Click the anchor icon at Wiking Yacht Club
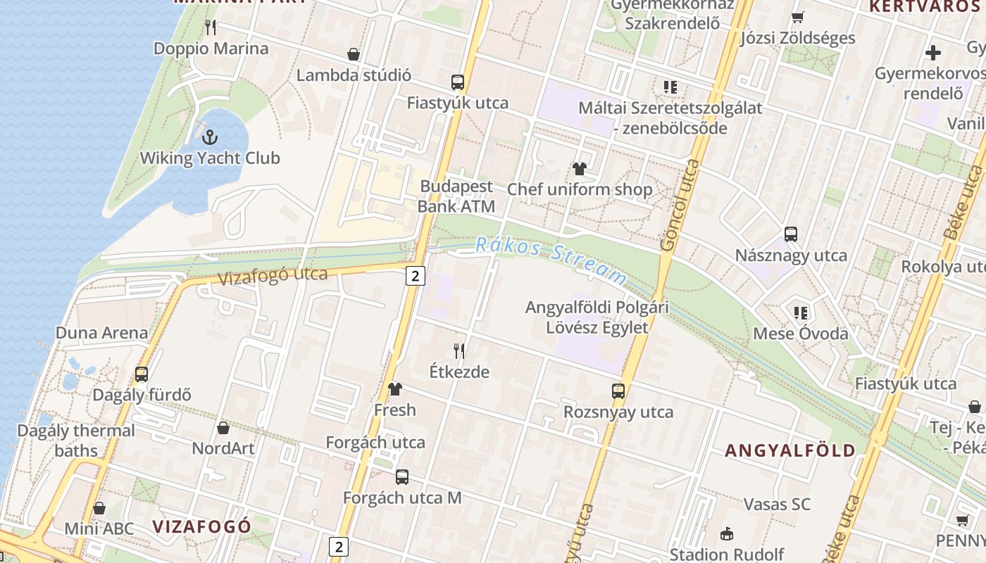(209, 137)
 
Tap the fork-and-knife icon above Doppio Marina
(211, 27)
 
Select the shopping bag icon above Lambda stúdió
(354, 54)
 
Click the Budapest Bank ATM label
(456, 196)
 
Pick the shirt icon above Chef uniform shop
(580, 169)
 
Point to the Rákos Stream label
(550, 260)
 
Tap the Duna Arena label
(102, 333)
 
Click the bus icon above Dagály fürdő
(142, 374)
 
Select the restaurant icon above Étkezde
(459, 350)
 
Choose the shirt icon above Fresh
(394, 388)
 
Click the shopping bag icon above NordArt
(223, 427)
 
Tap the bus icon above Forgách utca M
(401, 476)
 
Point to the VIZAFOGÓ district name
(202, 526)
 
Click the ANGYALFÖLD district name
(790, 450)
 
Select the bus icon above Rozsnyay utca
(618, 391)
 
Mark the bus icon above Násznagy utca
(791, 234)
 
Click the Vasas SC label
(777, 504)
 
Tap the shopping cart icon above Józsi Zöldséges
(798, 17)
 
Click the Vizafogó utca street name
(273, 275)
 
